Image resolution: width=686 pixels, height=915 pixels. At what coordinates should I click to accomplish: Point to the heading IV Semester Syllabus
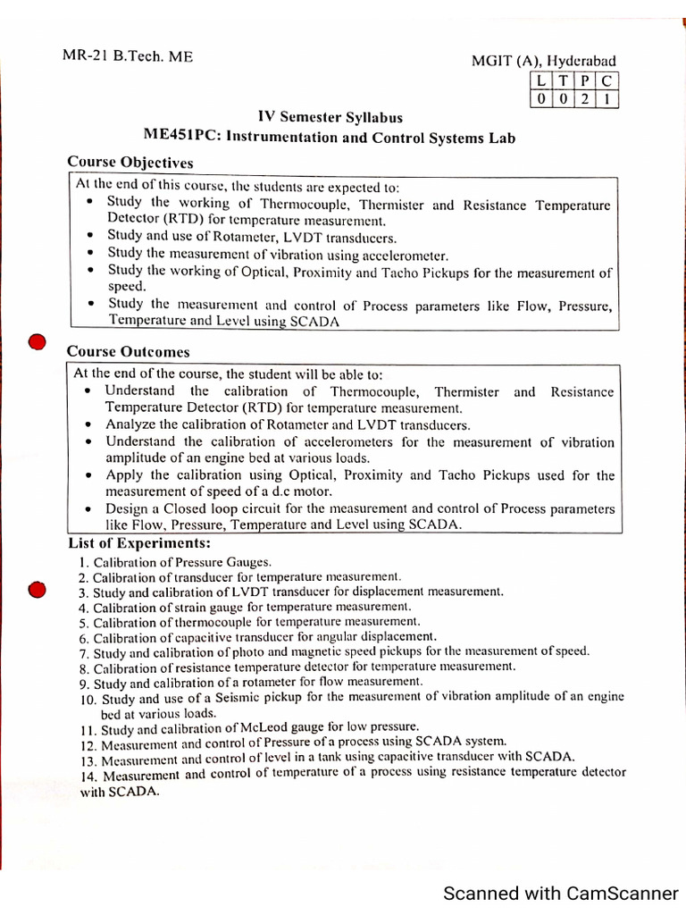pyautogui.click(x=330, y=118)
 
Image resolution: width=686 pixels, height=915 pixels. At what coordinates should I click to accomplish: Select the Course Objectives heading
pyautogui.click(x=130, y=163)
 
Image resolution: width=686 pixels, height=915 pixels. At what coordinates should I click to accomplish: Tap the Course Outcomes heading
pyautogui.click(x=129, y=352)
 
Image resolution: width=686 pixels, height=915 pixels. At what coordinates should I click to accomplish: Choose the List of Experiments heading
pyautogui.click(x=139, y=543)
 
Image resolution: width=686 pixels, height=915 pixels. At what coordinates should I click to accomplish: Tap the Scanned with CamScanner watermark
pyautogui.click(x=561, y=893)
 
